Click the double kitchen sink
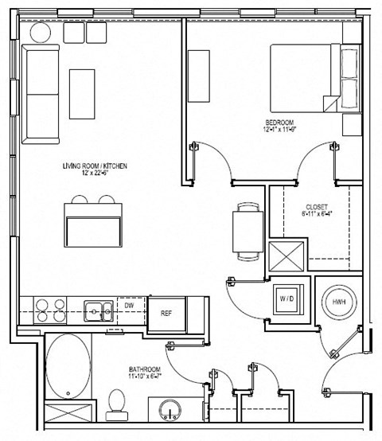click(99, 308)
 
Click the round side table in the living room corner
click(41, 33)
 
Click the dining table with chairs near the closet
click(248, 232)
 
